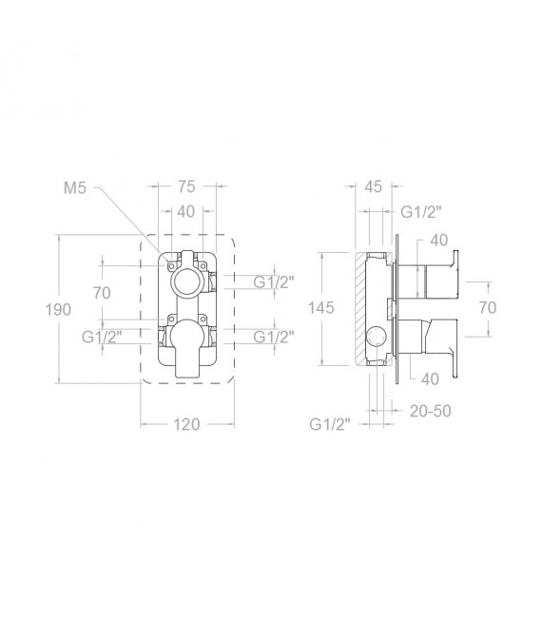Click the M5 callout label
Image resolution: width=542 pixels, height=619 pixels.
[74, 188]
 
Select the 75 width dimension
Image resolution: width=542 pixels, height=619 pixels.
[186, 186]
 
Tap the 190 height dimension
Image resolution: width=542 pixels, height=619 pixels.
[58, 310]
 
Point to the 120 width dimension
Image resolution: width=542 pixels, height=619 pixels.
[186, 425]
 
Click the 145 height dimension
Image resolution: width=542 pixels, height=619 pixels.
[321, 308]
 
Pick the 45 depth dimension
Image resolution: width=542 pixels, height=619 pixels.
[373, 186]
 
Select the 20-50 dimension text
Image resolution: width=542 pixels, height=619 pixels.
[431, 411]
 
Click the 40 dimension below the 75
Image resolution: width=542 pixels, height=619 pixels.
[186, 212]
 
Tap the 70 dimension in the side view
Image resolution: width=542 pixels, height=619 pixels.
[488, 308]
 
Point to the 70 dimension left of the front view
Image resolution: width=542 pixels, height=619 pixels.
[102, 293]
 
